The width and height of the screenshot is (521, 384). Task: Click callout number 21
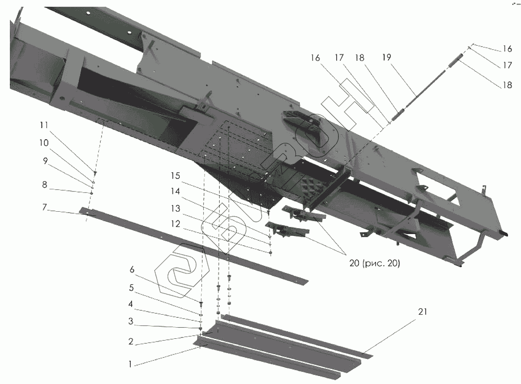[422, 312]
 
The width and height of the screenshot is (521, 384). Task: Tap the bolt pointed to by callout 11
[95, 173]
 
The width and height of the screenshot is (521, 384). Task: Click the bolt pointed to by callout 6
[201, 304]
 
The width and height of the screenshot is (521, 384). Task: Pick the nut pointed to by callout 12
[271, 253]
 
